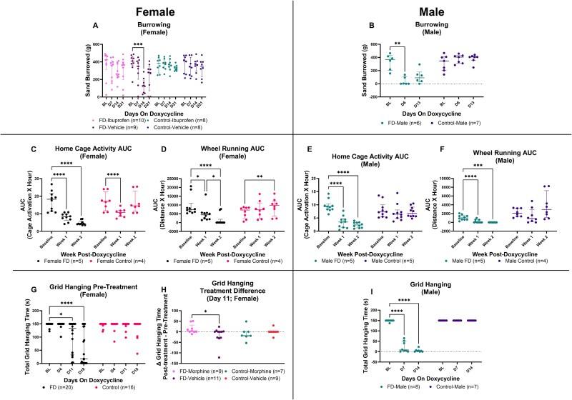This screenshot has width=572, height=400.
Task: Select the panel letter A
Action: point(96,26)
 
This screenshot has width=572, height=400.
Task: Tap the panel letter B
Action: point(370,26)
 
